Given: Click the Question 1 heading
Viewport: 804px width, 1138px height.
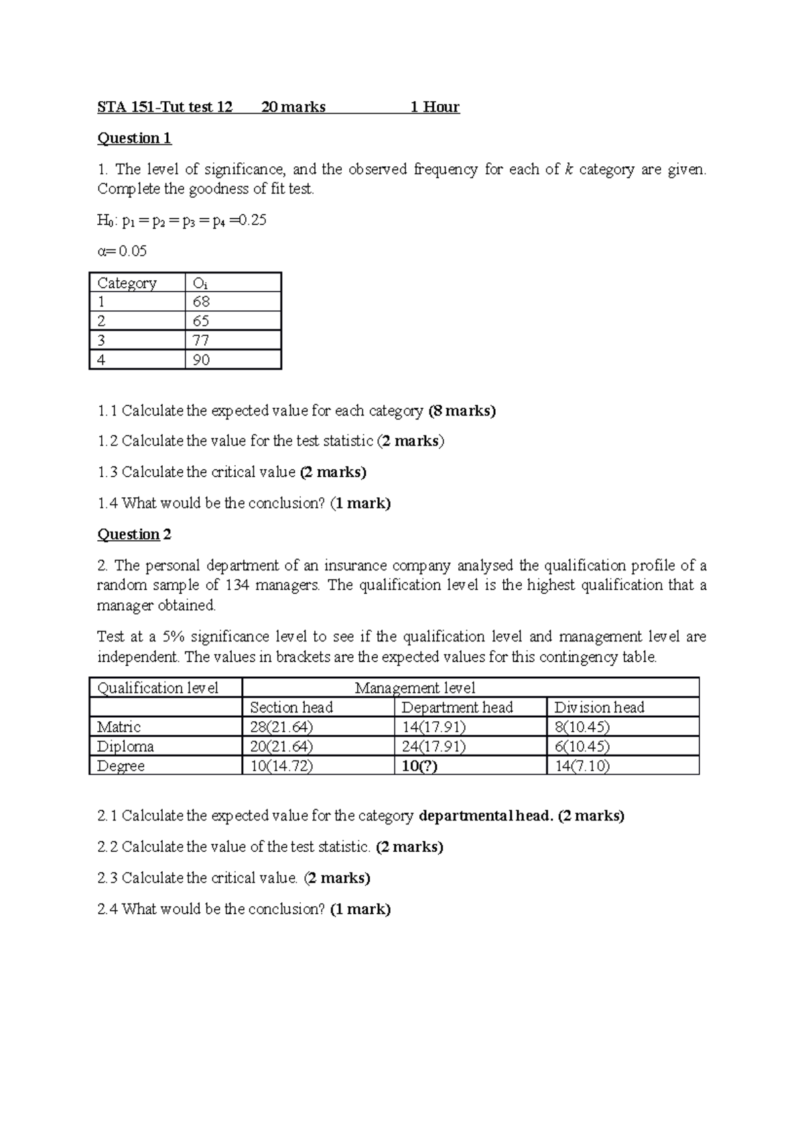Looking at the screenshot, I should point(134,138).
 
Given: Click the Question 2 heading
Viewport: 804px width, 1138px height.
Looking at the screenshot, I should point(134,534).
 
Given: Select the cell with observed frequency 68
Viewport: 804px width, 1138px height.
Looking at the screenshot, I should point(201,302).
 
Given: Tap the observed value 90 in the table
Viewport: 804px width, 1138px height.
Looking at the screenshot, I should point(201,360).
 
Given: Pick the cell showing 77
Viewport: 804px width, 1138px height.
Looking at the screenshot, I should point(201,340).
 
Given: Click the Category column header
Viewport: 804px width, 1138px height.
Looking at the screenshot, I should point(127,283).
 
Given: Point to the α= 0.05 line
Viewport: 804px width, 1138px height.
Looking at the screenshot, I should point(122,251).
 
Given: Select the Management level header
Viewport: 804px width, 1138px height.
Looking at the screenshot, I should point(415,688).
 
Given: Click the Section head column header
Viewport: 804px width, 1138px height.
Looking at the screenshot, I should point(291,707).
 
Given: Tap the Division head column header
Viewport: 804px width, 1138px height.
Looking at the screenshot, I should point(599,707).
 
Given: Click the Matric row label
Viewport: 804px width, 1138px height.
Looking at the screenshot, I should point(119,726).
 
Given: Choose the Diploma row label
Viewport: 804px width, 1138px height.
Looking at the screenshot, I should point(125,746).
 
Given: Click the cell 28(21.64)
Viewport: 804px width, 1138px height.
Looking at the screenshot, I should point(281,726).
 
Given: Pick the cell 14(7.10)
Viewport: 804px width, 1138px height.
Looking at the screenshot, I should point(582,766).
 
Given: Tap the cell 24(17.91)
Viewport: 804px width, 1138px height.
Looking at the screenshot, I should point(433,746).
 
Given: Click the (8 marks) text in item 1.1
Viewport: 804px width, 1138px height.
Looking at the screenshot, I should point(462,410).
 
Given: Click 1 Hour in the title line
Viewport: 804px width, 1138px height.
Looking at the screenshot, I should point(435,107).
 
